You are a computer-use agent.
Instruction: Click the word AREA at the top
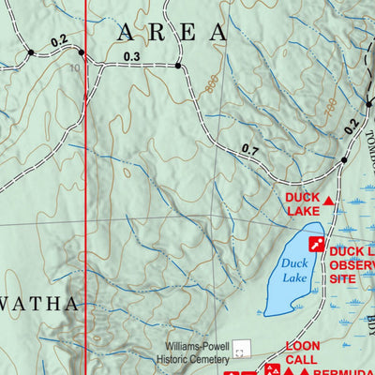(x=172, y=33)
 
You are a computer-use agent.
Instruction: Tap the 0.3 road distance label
(x=131, y=57)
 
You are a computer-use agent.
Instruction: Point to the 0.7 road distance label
(x=249, y=149)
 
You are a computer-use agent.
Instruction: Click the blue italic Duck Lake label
(x=294, y=271)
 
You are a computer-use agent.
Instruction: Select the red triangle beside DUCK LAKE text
(x=328, y=201)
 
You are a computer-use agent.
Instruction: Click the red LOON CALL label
(x=302, y=352)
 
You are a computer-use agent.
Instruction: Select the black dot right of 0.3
(x=177, y=67)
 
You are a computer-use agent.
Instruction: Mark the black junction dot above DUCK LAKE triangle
(x=344, y=160)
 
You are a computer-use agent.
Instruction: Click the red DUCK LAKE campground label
(x=303, y=204)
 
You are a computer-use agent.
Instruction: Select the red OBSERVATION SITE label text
(x=352, y=265)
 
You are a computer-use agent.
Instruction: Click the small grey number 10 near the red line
(x=74, y=67)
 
